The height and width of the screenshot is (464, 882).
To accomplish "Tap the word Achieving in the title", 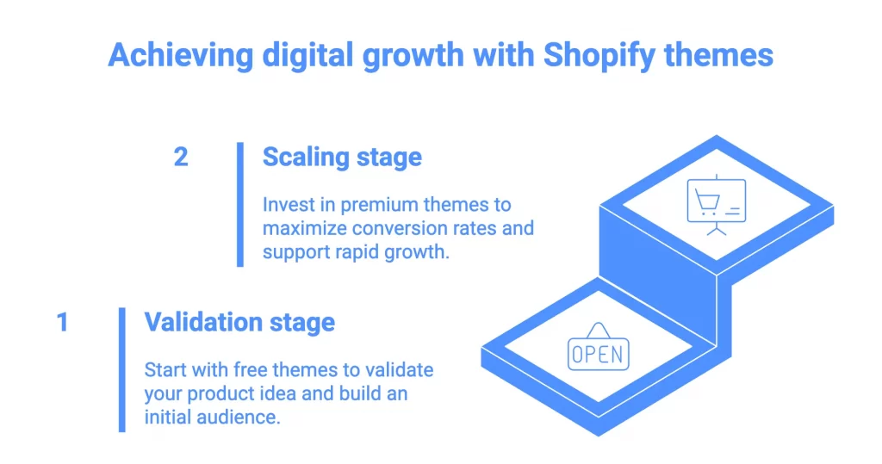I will [x=178, y=56].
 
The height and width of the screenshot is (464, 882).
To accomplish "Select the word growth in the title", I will [x=416, y=56].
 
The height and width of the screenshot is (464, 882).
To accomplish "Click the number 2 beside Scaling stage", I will [x=180, y=158].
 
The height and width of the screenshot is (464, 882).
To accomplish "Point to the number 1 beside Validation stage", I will [x=62, y=323].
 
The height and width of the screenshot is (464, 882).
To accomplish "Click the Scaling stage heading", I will [x=342, y=158].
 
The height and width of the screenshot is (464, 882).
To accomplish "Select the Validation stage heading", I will [x=239, y=323].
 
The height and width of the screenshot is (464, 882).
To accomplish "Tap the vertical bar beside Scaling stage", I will [x=240, y=204].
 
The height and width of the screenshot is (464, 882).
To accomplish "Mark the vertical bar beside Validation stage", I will [x=122, y=369].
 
